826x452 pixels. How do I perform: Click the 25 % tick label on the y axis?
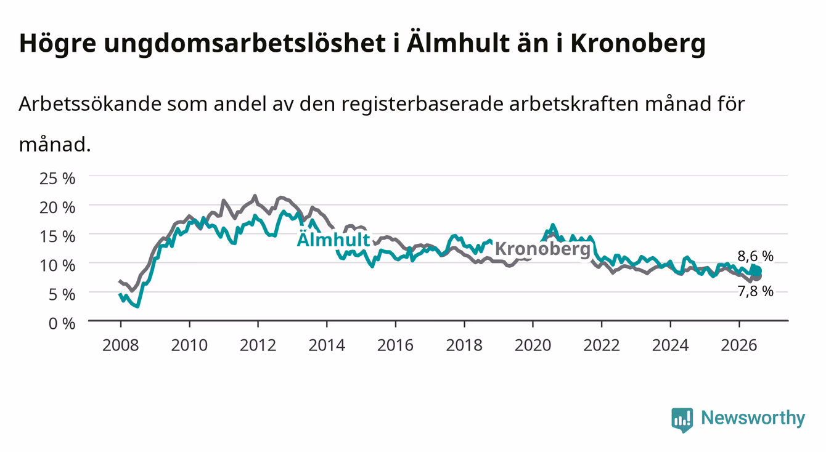pos(57,179)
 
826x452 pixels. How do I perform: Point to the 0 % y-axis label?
pos(62,324)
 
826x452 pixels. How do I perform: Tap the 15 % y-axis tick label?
pos(57,236)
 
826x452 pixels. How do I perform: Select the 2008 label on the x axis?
pos(121,345)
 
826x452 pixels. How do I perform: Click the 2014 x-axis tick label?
pos(327,345)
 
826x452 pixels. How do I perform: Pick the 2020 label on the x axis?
pos(533,345)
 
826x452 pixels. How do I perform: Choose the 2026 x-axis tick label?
pos(739,345)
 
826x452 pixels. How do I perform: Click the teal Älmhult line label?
pos(333,239)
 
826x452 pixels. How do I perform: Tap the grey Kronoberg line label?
pos(542,249)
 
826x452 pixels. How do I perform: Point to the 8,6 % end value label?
pos(755,256)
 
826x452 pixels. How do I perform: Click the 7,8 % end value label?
pos(755,291)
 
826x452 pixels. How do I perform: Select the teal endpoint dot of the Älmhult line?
pos(757,272)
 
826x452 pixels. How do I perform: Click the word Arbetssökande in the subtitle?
pos(90,104)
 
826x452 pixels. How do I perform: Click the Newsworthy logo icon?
pos(682,419)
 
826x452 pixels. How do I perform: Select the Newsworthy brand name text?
pos(753,418)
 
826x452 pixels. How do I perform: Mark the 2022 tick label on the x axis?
pos(602,345)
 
